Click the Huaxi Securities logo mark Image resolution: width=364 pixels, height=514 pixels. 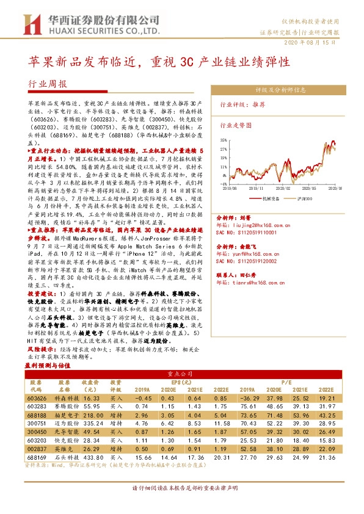(x=29, y=24)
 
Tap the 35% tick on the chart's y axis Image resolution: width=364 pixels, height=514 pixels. (x=224, y=140)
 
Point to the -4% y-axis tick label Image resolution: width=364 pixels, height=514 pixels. (x=224, y=183)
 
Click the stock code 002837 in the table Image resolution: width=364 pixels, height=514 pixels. (x=36, y=447)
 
